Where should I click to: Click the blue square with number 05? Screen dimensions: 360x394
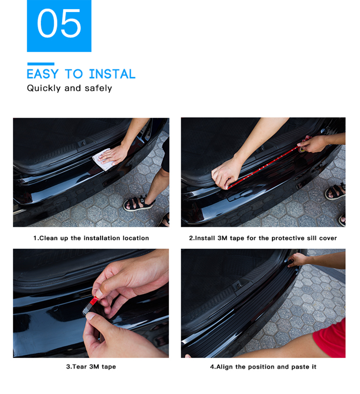(x=59, y=26)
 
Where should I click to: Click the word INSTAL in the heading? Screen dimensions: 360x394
(x=112, y=74)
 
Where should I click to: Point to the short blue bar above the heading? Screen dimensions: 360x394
(x=41, y=64)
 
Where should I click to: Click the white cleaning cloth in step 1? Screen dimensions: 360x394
(x=102, y=159)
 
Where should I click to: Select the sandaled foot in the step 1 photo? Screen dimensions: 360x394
(x=139, y=203)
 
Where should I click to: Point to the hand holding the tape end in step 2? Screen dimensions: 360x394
(x=312, y=144)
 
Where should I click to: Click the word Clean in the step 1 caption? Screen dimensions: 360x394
(x=49, y=238)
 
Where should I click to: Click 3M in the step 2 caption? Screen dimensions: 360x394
(x=222, y=238)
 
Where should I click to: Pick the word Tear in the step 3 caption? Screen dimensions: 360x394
(x=80, y=367)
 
